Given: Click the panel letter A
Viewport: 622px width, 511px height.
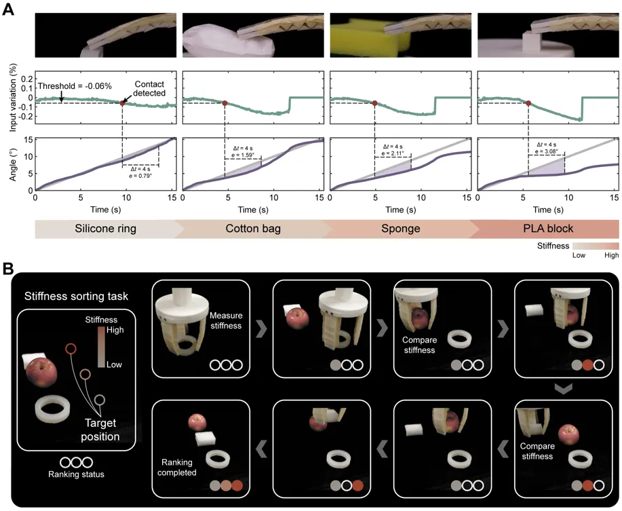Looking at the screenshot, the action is pos(7,9).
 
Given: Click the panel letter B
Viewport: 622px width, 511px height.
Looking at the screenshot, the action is pos(7,269).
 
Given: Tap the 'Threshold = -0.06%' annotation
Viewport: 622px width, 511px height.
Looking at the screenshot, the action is pos(75,86).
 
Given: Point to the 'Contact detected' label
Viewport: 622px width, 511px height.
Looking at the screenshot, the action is pos(149,88).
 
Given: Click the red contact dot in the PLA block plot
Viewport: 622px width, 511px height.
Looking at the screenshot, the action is pos(528,103).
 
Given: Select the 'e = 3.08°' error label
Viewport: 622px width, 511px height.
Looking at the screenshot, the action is pos(546,151).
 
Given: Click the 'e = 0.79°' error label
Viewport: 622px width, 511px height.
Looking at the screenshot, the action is pos(140,176).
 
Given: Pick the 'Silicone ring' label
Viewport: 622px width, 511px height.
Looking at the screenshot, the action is pos(106,229).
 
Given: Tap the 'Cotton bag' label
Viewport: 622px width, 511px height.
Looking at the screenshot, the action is pos(253,229).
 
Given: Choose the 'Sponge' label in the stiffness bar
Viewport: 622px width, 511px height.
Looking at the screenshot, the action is pos(401,229).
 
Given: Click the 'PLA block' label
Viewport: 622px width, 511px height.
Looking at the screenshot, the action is pos(548,229).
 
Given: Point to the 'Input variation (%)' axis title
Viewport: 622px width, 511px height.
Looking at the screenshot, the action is pos(14,98).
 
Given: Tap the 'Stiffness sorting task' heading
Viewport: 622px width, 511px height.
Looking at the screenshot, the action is pos(76,297).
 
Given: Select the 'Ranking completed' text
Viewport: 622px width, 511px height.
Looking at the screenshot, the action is pos(177,468).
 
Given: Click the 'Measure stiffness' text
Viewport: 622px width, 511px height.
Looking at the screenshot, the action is pos(226,320).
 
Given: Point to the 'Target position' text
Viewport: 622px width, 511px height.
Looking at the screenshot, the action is pos(100,430).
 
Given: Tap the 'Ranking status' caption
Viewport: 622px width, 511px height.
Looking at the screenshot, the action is pos(76,474).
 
